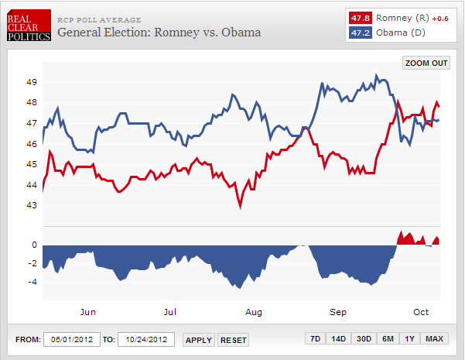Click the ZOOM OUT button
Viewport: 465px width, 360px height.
click(x=426, y=63)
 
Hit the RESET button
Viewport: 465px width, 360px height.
click(x=233, y=340)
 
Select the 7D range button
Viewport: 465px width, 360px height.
click(x=315, y=339)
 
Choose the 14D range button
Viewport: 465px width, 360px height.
click(x=338, y=339)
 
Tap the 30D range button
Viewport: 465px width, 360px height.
click(x=363, y=339)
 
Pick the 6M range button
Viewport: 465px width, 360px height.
click(x=388, y=339)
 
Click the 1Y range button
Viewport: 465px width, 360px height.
click(x=410, y=339)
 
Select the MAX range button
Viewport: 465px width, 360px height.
click(x=434, y=339)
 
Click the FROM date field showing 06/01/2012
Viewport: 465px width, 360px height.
click(x=72, y=340)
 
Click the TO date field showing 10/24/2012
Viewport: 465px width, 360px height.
click(x=146, y=340)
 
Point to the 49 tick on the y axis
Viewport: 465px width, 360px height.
click(x=32, y=82)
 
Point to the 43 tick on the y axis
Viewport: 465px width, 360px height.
click(x=32, y=205)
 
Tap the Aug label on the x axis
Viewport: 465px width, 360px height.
click(x=254, y=312)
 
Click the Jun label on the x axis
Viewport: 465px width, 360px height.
click(x=88, y=312)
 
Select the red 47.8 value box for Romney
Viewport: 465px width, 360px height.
click(x=360, y=18)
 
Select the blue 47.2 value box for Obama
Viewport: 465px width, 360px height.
click(x=360, y=33)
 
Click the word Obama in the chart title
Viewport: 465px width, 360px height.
click(x=239, y=33)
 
